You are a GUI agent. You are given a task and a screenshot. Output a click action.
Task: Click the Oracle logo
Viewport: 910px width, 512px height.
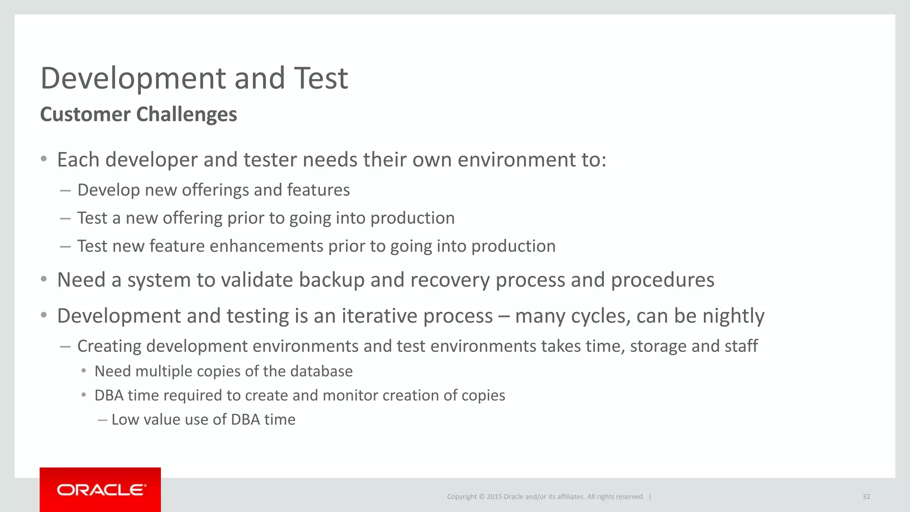click(101, 490)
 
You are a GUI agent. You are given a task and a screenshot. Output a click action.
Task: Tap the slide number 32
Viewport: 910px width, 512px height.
click(866, 497)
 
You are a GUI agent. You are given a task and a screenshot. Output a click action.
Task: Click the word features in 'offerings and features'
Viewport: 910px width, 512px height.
click(319, 190)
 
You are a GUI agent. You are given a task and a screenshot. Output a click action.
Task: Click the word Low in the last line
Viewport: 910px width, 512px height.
click(125, 420)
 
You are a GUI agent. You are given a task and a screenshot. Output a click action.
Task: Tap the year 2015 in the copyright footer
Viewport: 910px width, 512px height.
click(494, 497)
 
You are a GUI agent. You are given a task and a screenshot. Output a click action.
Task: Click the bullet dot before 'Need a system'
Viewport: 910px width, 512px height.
click(44, 280)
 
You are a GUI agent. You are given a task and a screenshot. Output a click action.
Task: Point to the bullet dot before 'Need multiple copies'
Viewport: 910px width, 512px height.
click(84, 371)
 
